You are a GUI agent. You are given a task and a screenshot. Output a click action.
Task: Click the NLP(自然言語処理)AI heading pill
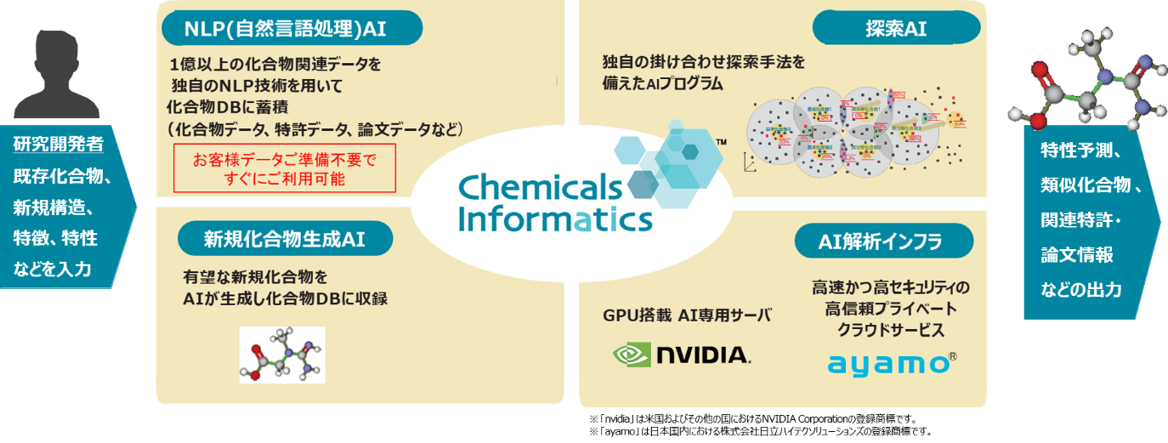[x=286, y=29]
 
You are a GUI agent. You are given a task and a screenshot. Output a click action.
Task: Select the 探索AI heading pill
[x=896, y=29]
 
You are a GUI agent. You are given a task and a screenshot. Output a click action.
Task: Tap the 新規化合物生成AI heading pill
[x=284, y=240]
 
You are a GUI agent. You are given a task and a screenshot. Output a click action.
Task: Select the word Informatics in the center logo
[x=554, y=219]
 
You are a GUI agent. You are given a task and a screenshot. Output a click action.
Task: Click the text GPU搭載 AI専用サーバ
[x=687, y=315]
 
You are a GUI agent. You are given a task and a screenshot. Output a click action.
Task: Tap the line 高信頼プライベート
[x=890, y=308]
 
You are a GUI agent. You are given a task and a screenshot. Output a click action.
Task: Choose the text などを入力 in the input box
[x=54, y=270]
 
